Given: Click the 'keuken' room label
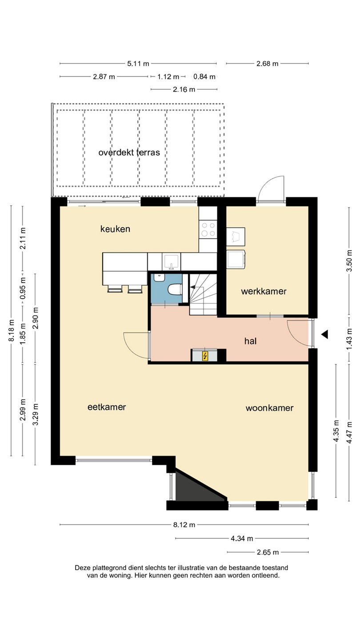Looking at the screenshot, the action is (x=115, y=229).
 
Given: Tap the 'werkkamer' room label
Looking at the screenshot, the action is (x=264, y=292).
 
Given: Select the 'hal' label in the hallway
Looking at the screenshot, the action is (x=250, y=341).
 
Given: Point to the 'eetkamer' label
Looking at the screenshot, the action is (x=107, y=407).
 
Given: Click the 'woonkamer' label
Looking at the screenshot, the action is (x=269, y=408).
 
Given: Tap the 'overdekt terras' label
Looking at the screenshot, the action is (x=129, y=152).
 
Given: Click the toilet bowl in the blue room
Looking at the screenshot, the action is (x=175, y=289).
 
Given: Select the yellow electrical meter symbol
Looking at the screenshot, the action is (x=205, y=356).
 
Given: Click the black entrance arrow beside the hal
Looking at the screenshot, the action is (x=324, y=334).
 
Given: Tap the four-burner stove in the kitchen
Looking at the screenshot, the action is (x=208, y=229).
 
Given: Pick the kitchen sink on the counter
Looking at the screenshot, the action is (x=171, y=262).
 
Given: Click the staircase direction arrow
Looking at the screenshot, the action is (x=193, y=287).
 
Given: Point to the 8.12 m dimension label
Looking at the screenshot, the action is (x=184, y=524).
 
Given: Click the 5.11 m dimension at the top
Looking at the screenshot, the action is (x=138, y=64).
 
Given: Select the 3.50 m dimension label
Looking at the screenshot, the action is (x=349, y=260).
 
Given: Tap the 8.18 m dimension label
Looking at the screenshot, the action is (x=11, y=331).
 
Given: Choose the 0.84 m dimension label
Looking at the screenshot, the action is (x=204, y=76).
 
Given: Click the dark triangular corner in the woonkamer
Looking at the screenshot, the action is (x=197, y=487).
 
